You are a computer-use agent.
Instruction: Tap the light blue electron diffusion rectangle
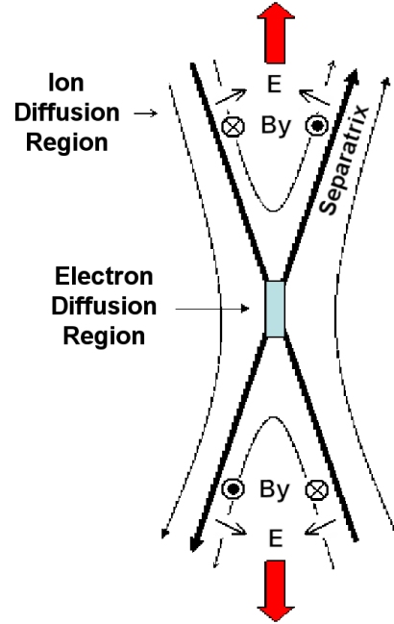click(x=275, y=310)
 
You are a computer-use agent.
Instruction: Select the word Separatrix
click(x=344, y=160)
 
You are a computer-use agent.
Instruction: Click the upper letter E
click(x=274, y=84)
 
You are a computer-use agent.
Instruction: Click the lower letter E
click(x=276, y=538)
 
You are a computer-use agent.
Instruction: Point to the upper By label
click(x=276, y=127)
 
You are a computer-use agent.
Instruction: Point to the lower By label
click(x=274, y=489)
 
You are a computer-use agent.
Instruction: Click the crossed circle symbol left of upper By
click(x=233, y=127)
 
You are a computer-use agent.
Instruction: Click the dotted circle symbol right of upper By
click(x=317, y=126)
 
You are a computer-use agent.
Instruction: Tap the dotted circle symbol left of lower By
click(x=233, y=488)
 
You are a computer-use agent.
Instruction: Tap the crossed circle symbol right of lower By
click(x=317, y=490)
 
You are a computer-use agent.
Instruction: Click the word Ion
click(x=66, y=83)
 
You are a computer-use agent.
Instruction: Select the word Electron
click(x=104, y=276)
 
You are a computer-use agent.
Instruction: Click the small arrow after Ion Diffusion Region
click(x=145, y=113)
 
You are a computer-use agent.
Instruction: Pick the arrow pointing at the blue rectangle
click(x=212, y=309)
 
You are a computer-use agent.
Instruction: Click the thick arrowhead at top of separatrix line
click(x=354, y=77)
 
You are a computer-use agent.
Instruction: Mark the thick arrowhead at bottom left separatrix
click(x=195, y=543)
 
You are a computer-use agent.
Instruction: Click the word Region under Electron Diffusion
click(x=104, y=337)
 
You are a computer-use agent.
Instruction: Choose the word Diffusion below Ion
click(x=67, y=112)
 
